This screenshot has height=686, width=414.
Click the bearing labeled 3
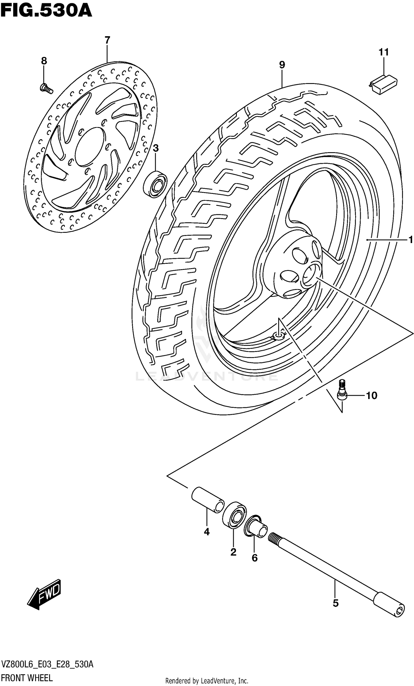point(155,184)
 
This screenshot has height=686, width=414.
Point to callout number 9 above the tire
point(282,65)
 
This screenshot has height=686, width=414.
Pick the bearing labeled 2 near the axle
point(235,514)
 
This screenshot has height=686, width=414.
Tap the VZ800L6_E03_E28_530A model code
point(47,664)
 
